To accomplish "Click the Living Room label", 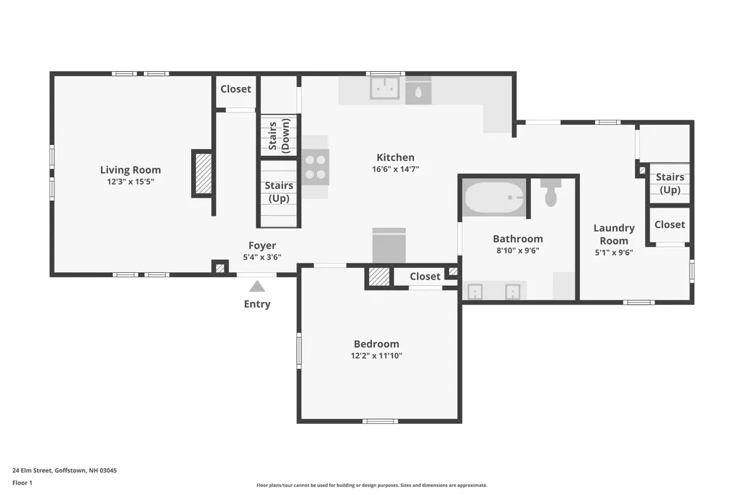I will [130, 170].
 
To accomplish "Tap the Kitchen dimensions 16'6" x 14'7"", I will [395, 169].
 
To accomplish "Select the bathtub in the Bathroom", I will [495, 197].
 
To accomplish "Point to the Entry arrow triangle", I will [257, 286].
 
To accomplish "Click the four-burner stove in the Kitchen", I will [316, 166].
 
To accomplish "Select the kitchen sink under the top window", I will [384, 89].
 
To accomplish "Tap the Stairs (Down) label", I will [278, 136].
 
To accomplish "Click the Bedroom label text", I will [376, 344].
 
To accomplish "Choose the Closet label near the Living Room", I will [235, 89].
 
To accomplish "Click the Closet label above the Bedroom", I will [425, 277].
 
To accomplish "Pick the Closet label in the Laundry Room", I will [669, 225].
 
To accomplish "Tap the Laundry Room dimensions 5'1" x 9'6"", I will [614, 253].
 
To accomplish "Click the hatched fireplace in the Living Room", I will [203, 173].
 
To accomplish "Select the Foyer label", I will [262, 245].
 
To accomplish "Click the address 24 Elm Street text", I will [65, 470].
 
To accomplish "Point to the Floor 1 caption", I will [23, 483].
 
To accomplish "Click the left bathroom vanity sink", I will [474, 292].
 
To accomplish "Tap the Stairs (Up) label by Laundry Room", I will [669, 183].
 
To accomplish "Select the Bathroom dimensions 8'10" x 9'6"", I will [517, 250].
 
